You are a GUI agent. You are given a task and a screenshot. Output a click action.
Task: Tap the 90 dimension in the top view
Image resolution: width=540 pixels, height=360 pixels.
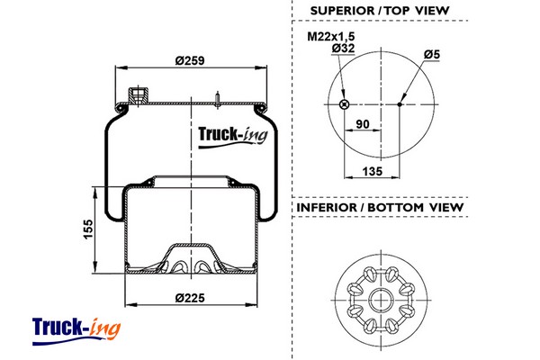[364, 124]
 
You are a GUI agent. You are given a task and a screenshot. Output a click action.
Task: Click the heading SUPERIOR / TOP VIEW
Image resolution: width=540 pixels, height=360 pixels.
[379, 11]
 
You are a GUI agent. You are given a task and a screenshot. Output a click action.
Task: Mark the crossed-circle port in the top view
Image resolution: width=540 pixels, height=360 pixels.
[344, 104]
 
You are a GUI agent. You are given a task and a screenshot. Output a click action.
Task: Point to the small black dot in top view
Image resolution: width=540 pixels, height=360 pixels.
[399, 104]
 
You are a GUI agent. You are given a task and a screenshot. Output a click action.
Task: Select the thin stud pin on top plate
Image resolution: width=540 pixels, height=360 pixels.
[218, 97]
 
